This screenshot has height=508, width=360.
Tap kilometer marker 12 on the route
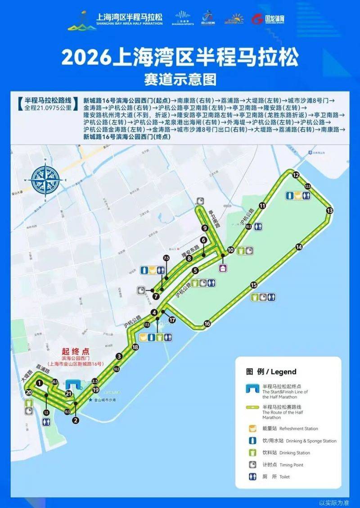296,175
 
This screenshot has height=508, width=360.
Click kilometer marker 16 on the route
207,323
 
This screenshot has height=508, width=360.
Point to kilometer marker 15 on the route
254,285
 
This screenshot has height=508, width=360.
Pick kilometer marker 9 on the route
205,227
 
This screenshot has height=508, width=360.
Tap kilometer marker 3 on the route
119,356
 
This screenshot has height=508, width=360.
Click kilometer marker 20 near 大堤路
29,392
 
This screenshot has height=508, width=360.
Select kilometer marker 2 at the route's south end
76,420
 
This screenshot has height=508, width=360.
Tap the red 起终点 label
76,350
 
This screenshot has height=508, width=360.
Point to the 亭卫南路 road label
214,216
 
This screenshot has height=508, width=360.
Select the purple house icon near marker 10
223,268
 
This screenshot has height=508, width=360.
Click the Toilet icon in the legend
253,477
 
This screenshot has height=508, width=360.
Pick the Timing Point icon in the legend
253,465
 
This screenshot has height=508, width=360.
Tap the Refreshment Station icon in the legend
253,428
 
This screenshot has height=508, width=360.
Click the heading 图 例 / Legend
271,372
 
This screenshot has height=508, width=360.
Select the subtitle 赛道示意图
180,80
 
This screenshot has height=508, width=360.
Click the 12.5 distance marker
308,186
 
